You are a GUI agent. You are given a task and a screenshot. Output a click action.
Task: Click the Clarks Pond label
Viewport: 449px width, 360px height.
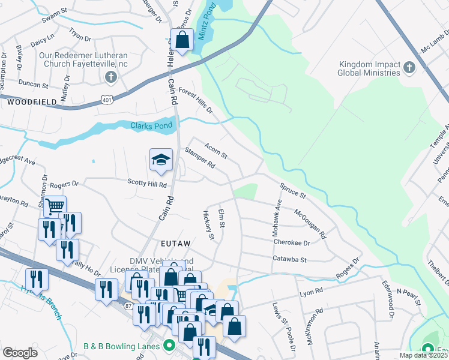pos(152,125)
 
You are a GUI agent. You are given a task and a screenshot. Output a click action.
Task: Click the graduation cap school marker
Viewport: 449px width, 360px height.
pos(161,160)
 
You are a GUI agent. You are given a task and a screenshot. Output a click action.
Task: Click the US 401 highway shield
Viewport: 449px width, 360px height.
pos(106,98)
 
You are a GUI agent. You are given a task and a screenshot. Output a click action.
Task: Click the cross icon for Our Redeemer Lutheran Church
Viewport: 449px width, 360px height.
pos(110,76)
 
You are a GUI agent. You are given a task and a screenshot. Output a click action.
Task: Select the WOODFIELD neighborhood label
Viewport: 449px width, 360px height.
pos(32,103)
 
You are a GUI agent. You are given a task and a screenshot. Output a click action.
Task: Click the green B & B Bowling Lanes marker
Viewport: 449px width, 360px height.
pos(169,346)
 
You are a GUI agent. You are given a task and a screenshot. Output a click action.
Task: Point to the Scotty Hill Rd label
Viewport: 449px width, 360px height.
pos(146,183)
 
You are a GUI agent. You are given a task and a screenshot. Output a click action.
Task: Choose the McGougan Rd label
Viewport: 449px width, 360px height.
pos(309,222)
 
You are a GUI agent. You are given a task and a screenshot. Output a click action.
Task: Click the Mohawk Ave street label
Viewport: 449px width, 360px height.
pos(279,214)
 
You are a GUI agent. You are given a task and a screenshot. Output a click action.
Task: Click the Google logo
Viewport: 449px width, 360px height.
pos(20,353)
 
